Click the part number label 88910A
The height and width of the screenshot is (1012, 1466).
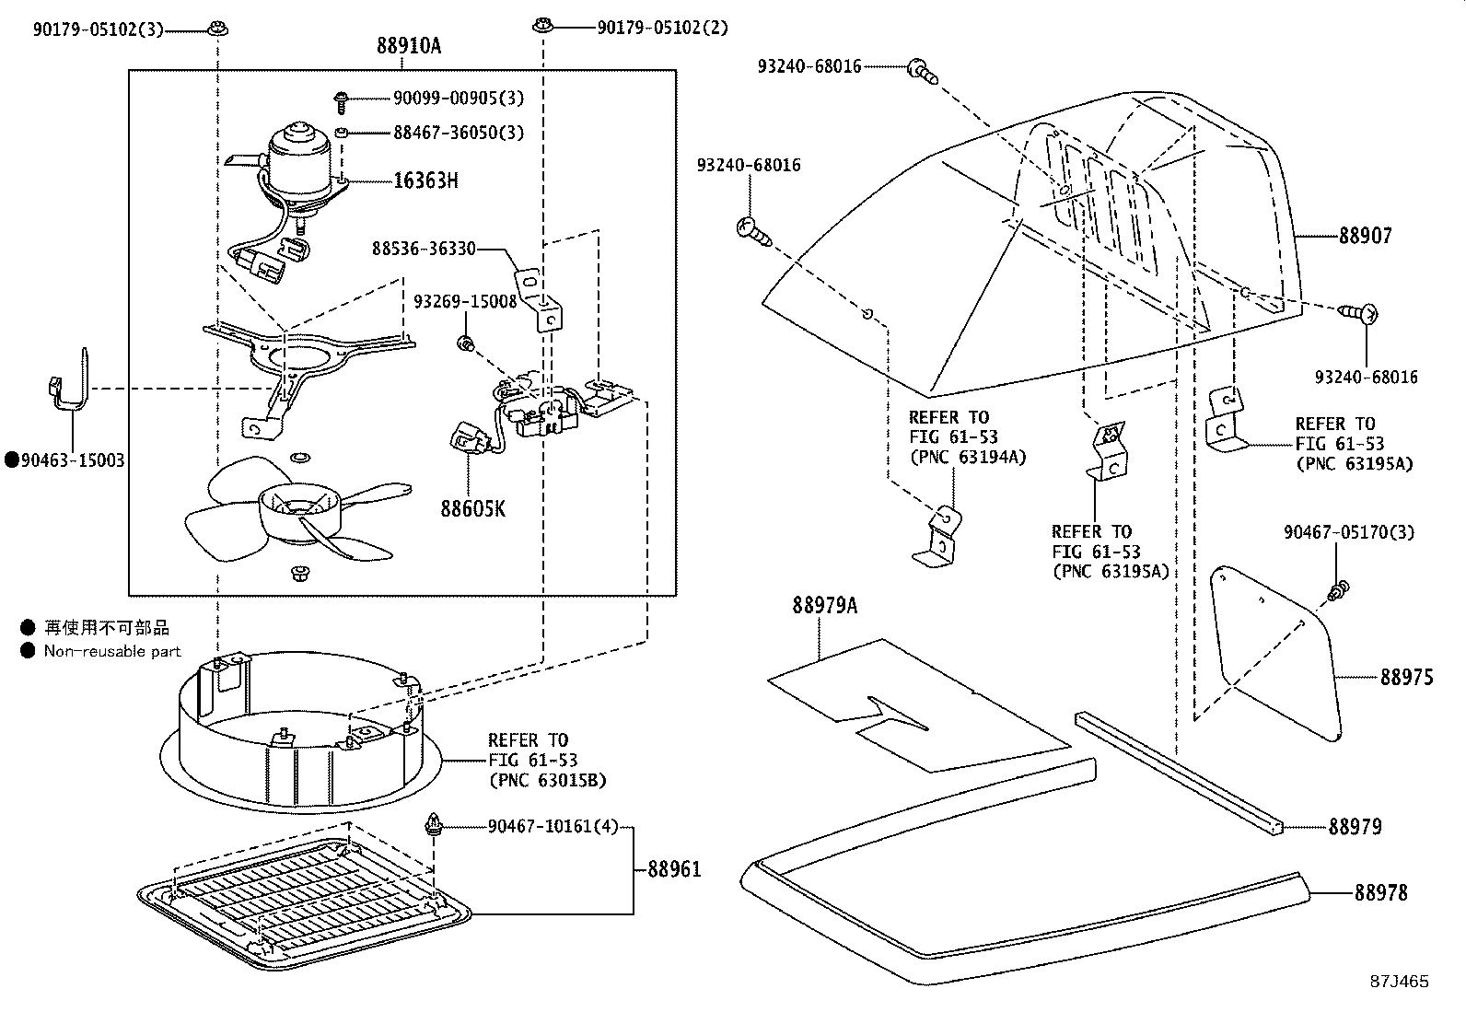408,45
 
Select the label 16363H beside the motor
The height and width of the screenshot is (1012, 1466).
425,180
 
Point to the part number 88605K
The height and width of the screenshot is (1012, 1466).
472,508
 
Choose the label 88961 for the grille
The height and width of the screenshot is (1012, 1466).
674,868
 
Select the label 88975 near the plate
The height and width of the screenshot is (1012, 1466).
1406,678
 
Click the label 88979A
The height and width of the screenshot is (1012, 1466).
824,605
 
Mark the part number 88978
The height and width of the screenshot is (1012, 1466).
1380,892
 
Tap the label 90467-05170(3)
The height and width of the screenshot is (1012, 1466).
1349,532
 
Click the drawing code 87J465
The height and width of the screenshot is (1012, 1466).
1397,982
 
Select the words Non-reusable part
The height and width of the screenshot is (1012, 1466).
112,652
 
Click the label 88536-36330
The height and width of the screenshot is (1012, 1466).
424,249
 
